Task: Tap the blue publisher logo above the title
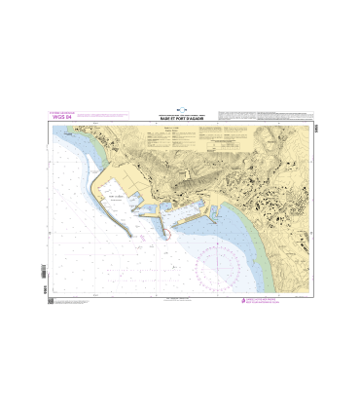point(180,109)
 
